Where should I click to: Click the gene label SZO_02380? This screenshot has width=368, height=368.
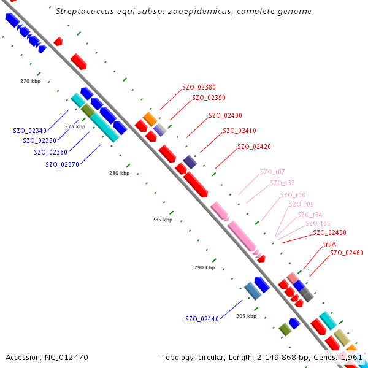[199, 87]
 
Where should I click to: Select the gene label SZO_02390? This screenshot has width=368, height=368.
[209, 97]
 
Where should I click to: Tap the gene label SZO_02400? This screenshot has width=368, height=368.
[225, 115]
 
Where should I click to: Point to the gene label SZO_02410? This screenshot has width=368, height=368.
[239, 131]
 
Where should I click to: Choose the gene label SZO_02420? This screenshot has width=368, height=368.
[254, 147]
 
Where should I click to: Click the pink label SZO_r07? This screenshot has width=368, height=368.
[272, 172]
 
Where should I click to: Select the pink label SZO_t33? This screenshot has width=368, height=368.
[282, 183]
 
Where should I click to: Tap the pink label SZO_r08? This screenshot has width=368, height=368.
[293, 195]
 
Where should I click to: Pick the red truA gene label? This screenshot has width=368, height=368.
[329, 244]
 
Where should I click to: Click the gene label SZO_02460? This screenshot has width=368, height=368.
[347, 253]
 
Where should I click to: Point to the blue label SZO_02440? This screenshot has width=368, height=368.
[202, 319]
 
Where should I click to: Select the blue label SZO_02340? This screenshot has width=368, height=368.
[29, 131]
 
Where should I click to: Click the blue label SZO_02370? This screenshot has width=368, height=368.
[62, 164]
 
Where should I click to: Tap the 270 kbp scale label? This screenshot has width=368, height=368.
[30, 81]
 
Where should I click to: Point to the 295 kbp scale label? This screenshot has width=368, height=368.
[246, 316]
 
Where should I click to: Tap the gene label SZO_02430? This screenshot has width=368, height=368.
[329, 232]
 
